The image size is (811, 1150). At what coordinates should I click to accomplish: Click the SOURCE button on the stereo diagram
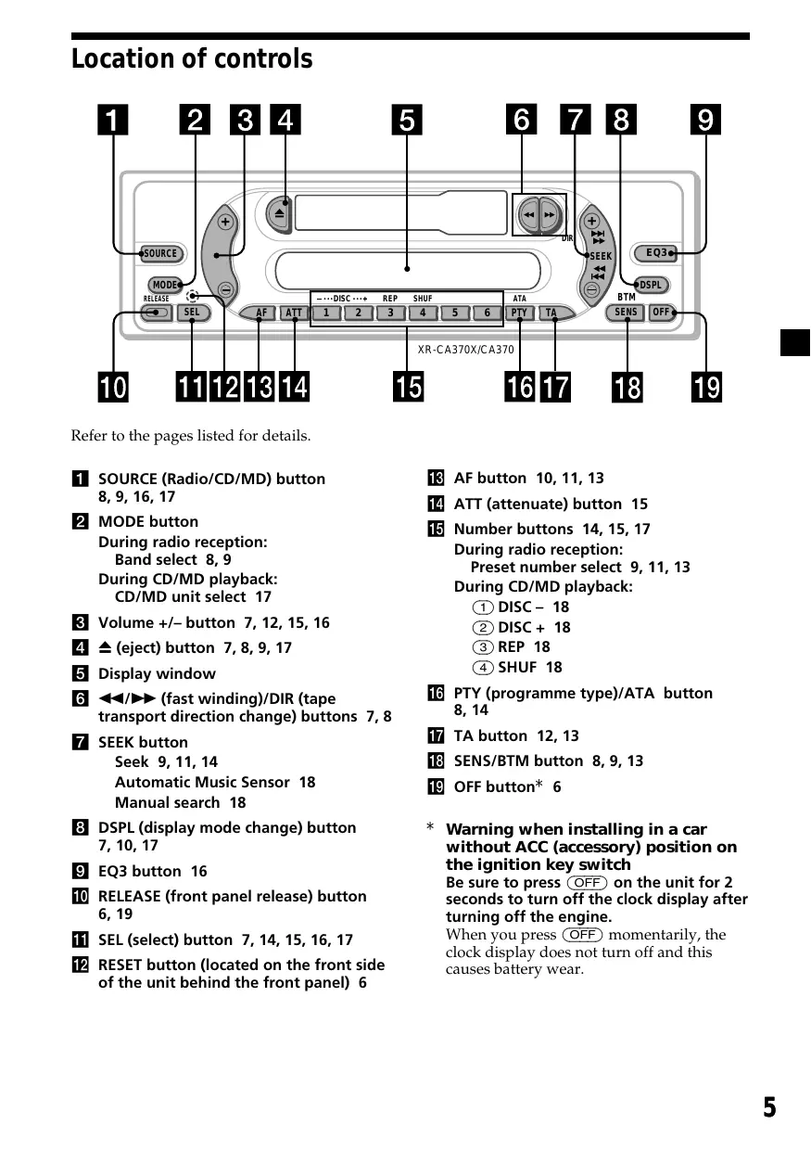(x=159, y=253)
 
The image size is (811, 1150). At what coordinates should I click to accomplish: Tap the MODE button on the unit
(x=165, y=285)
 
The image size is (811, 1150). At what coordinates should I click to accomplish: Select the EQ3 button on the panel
(x=655, y=253)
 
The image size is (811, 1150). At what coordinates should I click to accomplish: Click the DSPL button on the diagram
(x=652, y=285)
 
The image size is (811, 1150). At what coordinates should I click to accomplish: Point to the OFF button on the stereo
(x=661, y=313)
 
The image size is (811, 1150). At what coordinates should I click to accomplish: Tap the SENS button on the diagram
(x=627, y=313)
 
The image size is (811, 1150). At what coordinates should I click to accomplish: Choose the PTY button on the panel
(x=519, y=313)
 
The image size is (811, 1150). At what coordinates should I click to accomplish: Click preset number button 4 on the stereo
(x=423, y=313)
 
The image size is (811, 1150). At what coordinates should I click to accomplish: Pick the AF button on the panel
(x=261, y=313)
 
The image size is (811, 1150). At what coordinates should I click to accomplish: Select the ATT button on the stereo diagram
(x=294, y=313)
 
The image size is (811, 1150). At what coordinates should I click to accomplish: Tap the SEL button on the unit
(x=192, y=313)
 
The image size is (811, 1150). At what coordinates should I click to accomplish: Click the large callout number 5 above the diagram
(x=406, y=121)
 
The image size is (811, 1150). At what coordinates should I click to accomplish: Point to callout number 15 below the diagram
(x=408, y=386)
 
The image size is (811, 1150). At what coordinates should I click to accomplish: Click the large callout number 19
(x=707, y=386)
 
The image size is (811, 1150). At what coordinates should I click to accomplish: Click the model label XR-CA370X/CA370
(x=465, y=350)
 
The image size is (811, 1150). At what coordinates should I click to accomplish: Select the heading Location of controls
(x=192, y=59)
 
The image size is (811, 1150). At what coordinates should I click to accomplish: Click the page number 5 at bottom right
(x=769, y=1107)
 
